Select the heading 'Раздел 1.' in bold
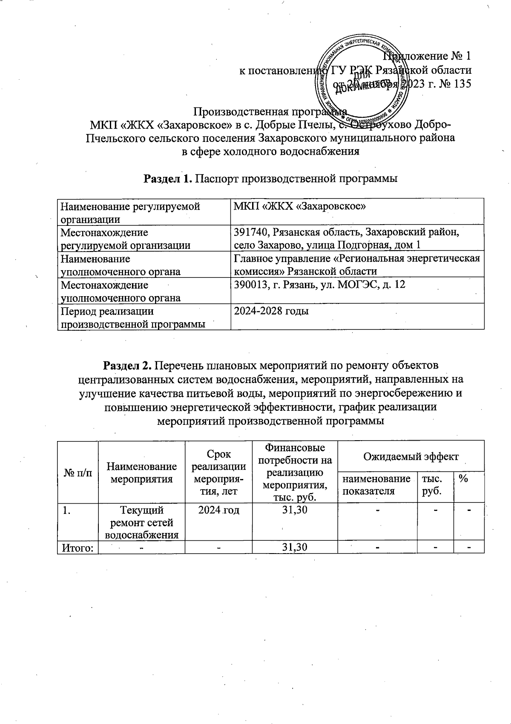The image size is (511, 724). [x=168, y=178]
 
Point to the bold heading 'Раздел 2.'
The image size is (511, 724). [x=128, y=366]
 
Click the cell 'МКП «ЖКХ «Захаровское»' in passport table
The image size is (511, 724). [x=300, y=206]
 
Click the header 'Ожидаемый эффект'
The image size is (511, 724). [x=411, y=456]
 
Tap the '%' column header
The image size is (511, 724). [x=463, y=479]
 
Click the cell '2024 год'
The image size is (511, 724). [x=218, y=509]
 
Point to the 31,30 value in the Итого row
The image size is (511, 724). [x=295, y=547]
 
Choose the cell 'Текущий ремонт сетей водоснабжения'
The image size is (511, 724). [x=141, y=522]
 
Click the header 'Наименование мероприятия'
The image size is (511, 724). [x=141, y=473]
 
